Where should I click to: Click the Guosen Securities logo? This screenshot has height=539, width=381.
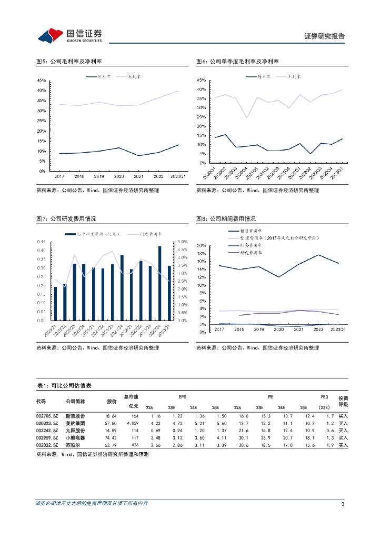pyautogui.click(x=69, y=35)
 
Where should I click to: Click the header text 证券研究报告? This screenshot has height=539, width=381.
pyautogui.click(x=325, y=36)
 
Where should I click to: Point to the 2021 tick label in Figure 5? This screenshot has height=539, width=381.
pyautogui.click(x=139, y=176)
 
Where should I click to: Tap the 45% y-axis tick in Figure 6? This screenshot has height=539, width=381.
pyautogui.click(x=200, y=80)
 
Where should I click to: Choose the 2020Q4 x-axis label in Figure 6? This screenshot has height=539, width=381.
pyautogui.click(x=244, y=172)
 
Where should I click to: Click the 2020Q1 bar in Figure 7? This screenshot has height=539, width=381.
pyautogui.click(x=55, y=303)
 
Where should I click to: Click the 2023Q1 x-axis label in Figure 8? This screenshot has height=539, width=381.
pyautogui.click(x=337, y=330)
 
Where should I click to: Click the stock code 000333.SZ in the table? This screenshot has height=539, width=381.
pyautogui.click(x=47, y=423)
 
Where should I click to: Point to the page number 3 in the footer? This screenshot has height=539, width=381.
pyautogui.click(x=343, y=505)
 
